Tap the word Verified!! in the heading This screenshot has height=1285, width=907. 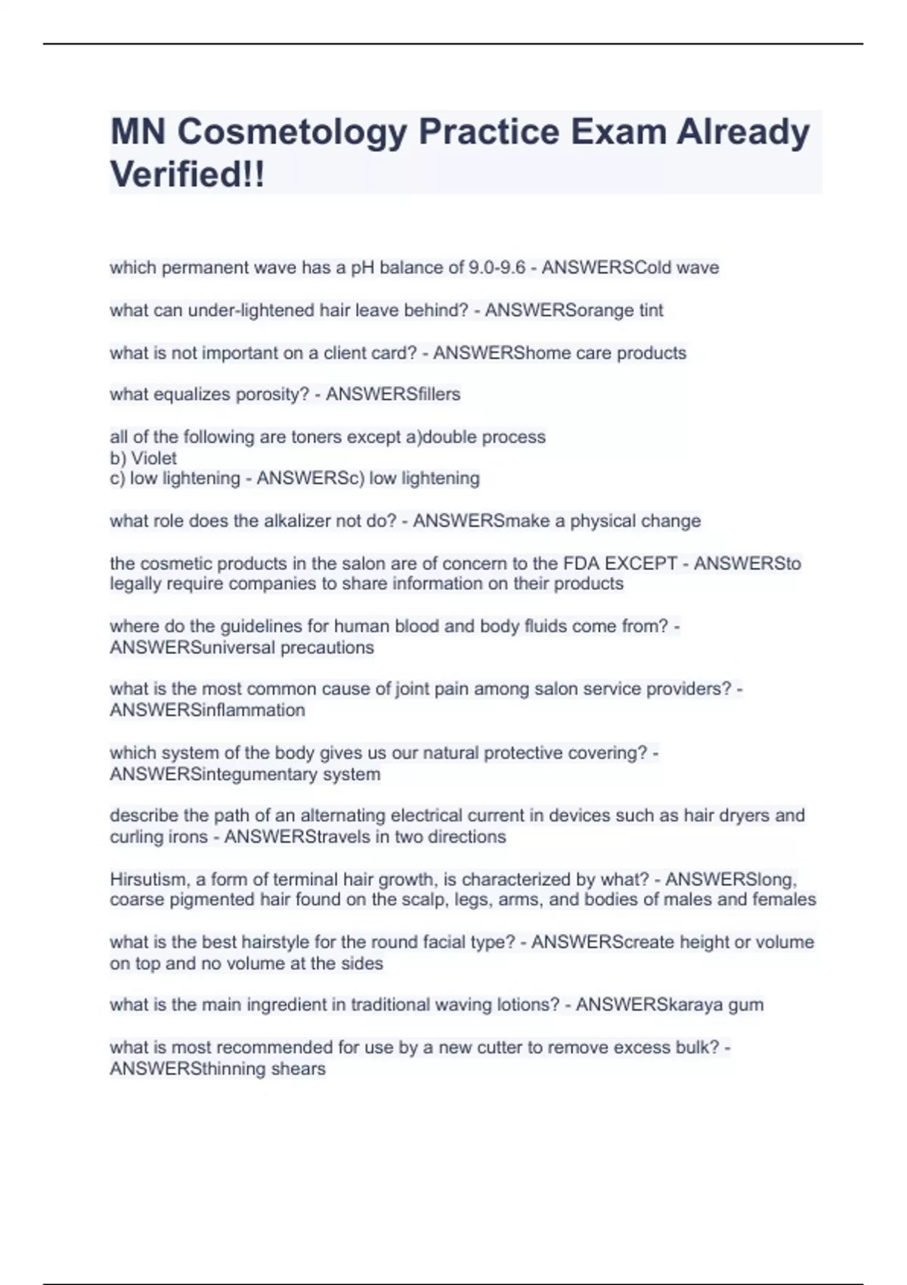[187, 175]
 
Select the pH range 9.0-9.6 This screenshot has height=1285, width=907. [497, 268]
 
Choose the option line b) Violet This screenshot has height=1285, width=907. [143, 458]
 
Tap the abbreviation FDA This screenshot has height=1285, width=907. [580, 563]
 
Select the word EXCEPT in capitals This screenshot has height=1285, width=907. [642, 563]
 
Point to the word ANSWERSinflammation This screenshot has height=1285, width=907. [207, 711]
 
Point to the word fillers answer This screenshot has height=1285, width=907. [432, 395]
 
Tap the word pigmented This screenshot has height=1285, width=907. [220, 899]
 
